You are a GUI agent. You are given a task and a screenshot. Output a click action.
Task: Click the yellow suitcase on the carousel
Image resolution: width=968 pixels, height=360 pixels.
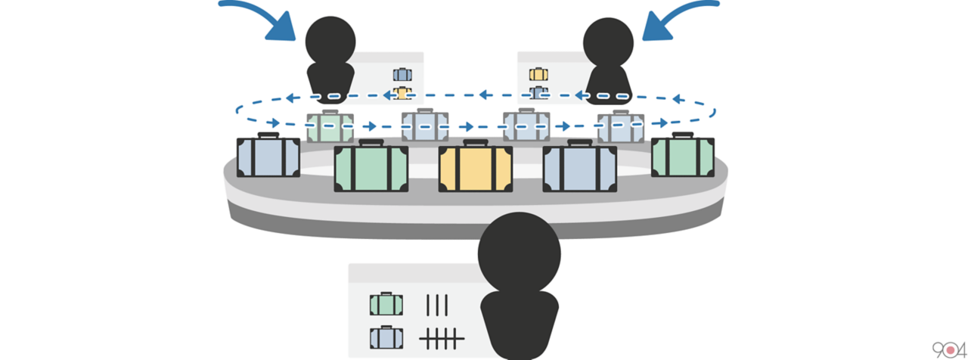[476, 168]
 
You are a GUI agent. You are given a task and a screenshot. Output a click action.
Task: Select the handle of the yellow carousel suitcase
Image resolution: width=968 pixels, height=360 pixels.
[476, 143]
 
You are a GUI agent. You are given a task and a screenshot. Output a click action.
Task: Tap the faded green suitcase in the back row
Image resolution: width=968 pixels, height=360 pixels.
[330, 127]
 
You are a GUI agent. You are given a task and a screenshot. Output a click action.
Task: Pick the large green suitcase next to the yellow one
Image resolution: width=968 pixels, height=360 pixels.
[371, 168]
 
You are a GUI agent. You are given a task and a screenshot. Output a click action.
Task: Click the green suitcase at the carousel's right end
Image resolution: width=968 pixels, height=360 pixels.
[683, 157]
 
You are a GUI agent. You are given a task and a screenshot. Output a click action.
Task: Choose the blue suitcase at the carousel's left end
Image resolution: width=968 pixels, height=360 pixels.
[268, 157]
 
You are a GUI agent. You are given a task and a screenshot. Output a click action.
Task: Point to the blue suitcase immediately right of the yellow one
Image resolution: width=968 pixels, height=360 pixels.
[580, 168]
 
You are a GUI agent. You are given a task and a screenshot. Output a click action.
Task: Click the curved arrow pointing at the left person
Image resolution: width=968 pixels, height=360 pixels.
[257, 17]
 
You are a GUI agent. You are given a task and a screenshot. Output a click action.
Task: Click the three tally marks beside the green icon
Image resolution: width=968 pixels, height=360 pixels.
[437, 305]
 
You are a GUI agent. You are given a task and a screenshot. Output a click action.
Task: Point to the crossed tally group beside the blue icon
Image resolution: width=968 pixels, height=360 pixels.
[442, 338]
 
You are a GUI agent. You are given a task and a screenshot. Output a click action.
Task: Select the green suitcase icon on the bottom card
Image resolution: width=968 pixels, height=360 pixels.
[386, 304]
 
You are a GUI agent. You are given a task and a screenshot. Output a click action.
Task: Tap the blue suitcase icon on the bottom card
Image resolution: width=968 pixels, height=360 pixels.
[386, 337]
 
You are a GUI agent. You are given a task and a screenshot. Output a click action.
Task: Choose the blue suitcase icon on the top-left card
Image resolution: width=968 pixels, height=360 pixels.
[402, 74]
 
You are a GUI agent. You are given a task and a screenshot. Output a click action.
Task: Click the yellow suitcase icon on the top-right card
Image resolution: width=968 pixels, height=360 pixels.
[538, 74]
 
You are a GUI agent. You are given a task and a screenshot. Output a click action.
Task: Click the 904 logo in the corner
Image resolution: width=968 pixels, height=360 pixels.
[949, 349]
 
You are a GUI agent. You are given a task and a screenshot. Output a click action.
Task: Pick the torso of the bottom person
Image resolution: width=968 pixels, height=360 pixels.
[520, 323]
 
